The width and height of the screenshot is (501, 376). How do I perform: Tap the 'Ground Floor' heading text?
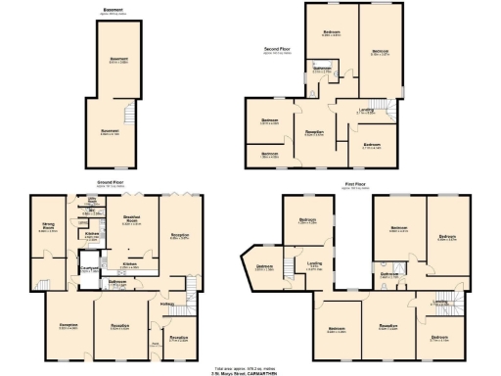109,182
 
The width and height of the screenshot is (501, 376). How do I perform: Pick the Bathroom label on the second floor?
322,69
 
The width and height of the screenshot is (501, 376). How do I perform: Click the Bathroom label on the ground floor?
118,283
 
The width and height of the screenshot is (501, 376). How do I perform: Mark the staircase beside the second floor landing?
384,112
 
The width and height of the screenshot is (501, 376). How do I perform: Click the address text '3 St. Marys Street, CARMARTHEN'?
250,373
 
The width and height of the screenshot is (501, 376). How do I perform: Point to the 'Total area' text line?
250,367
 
